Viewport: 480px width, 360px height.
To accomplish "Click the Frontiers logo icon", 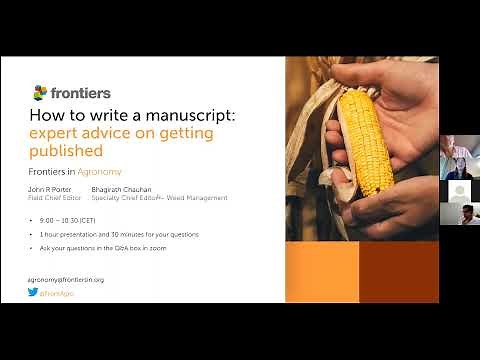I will click(x=40, y=93).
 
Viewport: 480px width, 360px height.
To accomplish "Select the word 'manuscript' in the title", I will click(x=195, y=115).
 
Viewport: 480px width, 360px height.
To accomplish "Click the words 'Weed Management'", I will click(x=204, y=198).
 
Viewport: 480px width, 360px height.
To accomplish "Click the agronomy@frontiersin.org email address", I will click(x=66, y=280).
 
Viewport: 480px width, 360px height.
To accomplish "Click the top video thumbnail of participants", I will click(x=459, y=166).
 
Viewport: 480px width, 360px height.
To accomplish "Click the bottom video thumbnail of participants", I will click(x=459, y=213).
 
